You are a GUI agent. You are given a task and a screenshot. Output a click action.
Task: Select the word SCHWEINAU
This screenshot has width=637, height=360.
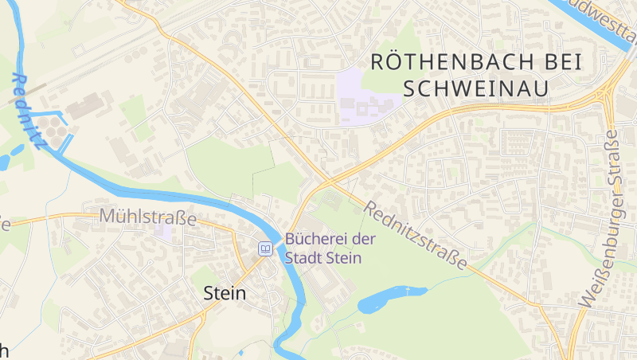476,88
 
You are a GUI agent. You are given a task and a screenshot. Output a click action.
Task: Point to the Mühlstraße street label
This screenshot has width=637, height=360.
147,217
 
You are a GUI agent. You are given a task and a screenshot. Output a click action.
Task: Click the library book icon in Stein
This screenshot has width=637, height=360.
265,248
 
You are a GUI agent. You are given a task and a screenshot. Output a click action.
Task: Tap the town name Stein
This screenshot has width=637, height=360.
225,292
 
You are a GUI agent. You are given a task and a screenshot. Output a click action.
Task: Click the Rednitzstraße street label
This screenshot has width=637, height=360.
415,235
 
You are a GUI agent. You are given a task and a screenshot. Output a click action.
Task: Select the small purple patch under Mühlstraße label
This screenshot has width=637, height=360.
164,232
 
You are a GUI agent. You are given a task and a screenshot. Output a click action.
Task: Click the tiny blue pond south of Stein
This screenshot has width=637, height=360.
240,351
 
